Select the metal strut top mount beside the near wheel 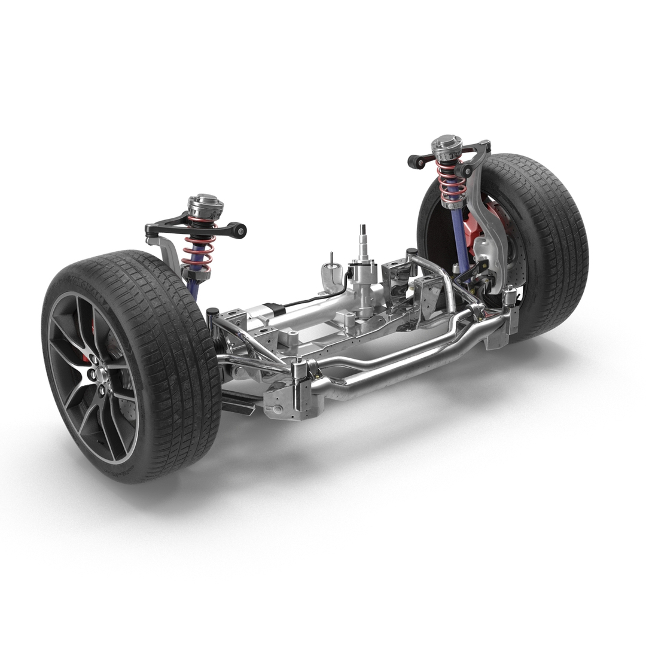coord(205,206)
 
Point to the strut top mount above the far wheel coord(447,147)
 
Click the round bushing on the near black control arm coord(240,230)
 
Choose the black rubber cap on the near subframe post coord(212,312)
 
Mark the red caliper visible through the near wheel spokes coord(92,326)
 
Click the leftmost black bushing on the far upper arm coord(413,161)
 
